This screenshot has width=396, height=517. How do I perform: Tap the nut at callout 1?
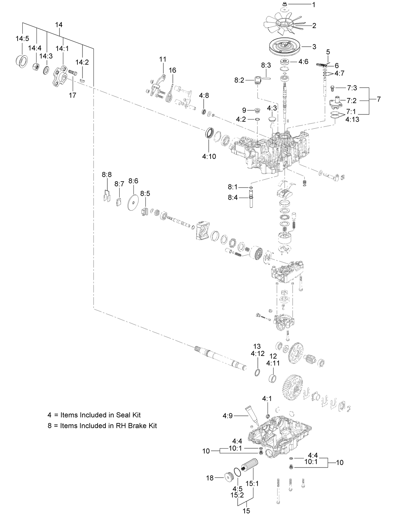284,4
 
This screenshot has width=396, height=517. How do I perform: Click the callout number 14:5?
22,38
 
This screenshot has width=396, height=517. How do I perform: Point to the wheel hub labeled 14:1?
60,73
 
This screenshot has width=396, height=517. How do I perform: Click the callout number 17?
72,95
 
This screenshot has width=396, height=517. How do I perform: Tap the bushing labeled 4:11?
273,378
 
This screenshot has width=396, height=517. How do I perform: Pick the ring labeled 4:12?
257,372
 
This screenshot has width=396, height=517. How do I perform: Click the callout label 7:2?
351,100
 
